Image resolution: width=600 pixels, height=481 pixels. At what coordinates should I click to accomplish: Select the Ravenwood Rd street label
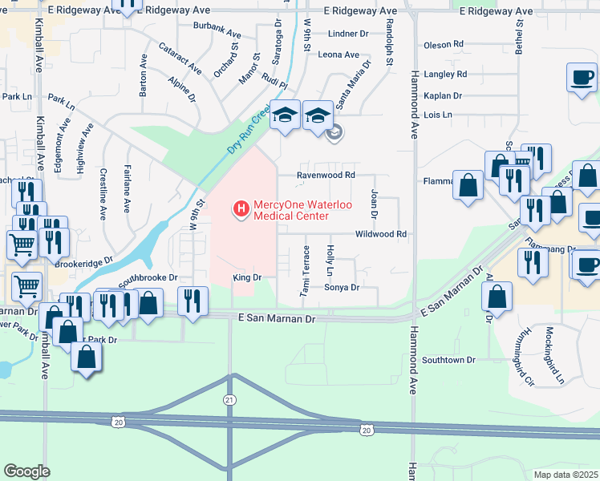coord(326,175)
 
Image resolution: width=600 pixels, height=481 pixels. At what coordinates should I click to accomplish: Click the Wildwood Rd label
coord(383,234)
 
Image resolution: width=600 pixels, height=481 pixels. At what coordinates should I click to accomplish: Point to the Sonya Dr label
coord(341,287)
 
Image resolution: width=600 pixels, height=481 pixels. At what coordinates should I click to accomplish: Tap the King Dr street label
coord(247,277)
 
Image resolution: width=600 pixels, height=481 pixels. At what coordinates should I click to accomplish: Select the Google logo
coord(26,471)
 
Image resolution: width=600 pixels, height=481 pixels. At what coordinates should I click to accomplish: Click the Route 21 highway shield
coord(229,398)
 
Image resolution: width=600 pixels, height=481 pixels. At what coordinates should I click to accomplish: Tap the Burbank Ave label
coord(217,34)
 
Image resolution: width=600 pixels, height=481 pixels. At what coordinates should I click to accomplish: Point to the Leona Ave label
coord(339,55)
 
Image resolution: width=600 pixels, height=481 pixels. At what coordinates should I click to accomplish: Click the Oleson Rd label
coord(444,44)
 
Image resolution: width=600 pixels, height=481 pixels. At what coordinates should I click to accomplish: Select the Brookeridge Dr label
coord(83,262)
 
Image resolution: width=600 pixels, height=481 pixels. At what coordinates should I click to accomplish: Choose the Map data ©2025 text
coord(566,475)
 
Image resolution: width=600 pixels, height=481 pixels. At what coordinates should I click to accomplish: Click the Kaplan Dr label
coord(443,95)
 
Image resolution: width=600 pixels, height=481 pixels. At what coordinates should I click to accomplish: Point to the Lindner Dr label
coord(348,34)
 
